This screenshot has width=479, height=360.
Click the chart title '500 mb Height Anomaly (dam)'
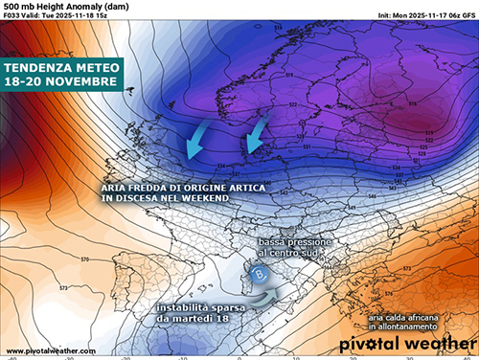pos(59,7)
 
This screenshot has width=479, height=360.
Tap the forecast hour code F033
pos(13,16)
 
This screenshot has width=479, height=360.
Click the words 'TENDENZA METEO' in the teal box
pos(62,68)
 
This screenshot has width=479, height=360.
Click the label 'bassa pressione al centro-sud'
pos(295,250)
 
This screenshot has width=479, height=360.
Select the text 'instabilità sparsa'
pos(196,306)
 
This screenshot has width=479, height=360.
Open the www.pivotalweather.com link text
pos(44,350)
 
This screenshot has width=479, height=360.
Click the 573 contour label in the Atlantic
pos(32,287)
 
